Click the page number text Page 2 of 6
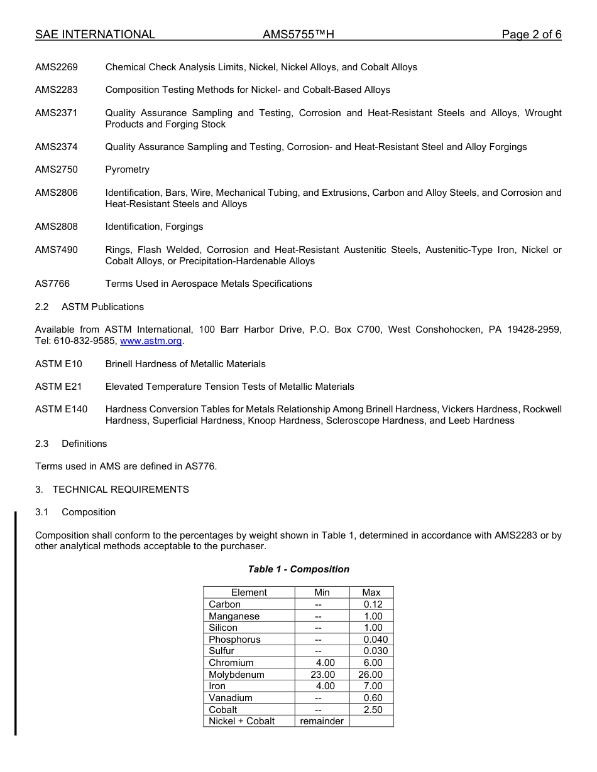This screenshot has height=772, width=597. point(531,35)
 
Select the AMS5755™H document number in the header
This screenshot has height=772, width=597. point(298,35)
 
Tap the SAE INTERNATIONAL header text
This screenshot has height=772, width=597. point(95,35)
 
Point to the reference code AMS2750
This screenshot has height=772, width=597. point(57,169)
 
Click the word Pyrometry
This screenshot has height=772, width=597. point(128,169)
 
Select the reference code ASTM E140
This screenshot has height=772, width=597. point(62,409)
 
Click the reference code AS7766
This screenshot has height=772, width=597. point(53,284)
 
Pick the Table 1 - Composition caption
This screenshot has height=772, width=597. point(298,569)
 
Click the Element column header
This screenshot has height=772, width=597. point(249,592)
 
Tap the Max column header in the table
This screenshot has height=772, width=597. point(371,592)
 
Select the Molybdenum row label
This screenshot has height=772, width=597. point(236,675)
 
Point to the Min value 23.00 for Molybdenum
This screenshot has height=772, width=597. point(322,675)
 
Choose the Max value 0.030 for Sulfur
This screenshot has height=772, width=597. point(375,651)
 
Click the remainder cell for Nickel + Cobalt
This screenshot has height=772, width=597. point(322,721)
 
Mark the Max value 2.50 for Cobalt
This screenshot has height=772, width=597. point(373,710)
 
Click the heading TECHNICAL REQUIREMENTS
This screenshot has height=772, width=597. point(121,490)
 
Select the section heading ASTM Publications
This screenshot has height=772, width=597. point(102,307)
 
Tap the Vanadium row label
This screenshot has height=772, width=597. point(231,698)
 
